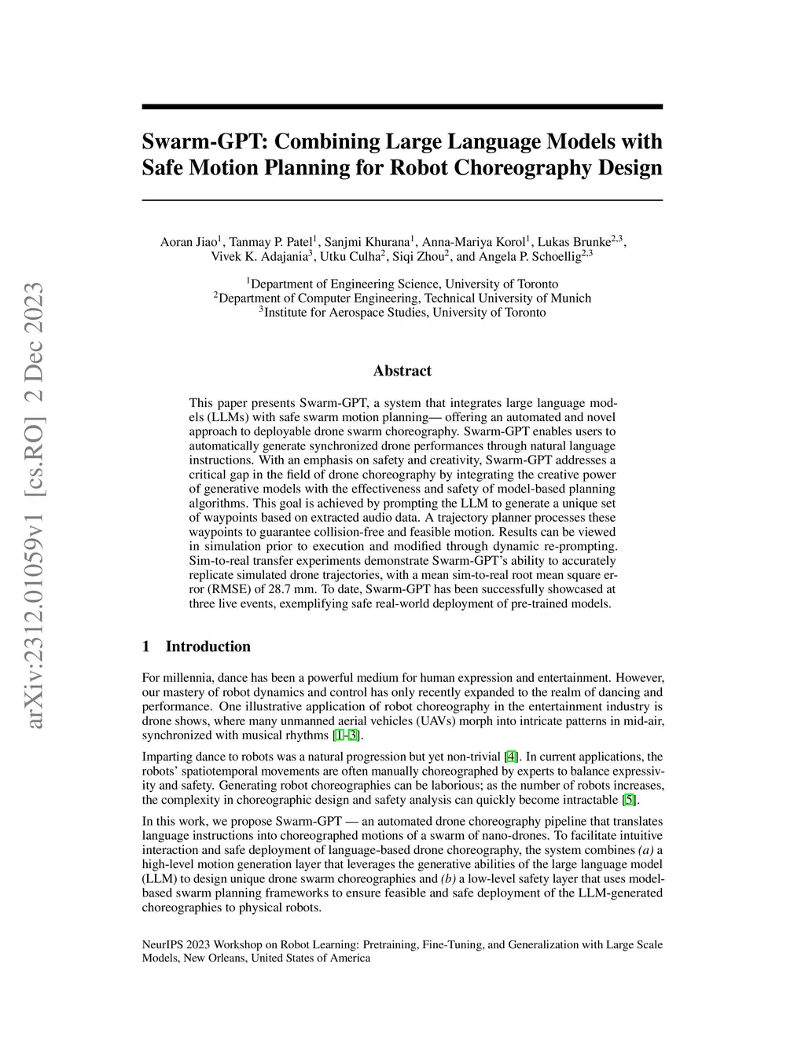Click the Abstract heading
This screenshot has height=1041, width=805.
(x=402, y=371)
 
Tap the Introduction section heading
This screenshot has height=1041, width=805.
(x=208, y=647)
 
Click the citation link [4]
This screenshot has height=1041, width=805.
(x=511, y=757)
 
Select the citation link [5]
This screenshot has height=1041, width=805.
(x=629, y=801)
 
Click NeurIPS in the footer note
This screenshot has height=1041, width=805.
(x=163, y=945)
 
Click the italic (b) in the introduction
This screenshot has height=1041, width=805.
(x=451, y=879)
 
